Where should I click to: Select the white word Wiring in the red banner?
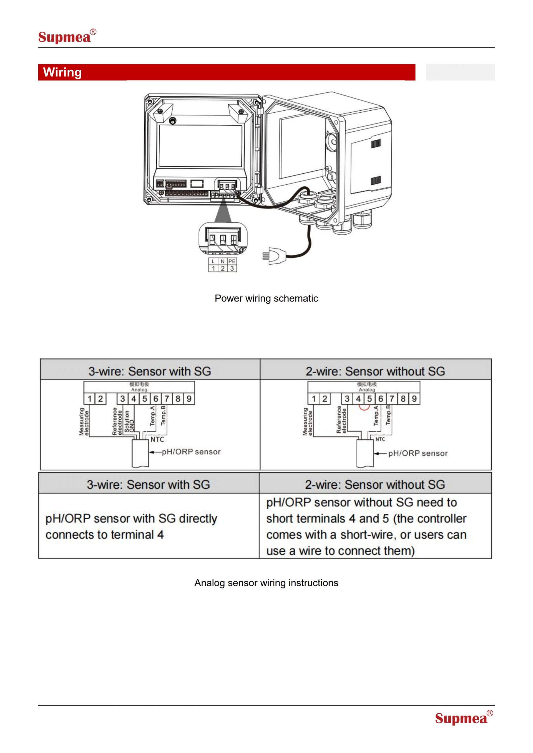coord(62,72)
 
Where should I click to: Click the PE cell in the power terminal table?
coord(232,261)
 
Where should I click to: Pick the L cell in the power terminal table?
coord(213,261)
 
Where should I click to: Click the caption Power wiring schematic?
coord(266,298)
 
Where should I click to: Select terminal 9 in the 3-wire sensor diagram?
coord(189,399)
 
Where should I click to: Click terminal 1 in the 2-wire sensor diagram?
coord(313,399)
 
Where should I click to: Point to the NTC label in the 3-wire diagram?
coord(157,440)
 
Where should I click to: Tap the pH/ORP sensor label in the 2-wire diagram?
coord(418,453)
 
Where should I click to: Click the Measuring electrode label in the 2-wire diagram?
coord(308,422)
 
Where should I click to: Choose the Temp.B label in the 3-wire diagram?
coord(164,415)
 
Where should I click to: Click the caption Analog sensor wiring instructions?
coord(266,583)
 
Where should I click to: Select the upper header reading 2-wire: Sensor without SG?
coord(375,371)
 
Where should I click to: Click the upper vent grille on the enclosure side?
coord(376,144)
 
